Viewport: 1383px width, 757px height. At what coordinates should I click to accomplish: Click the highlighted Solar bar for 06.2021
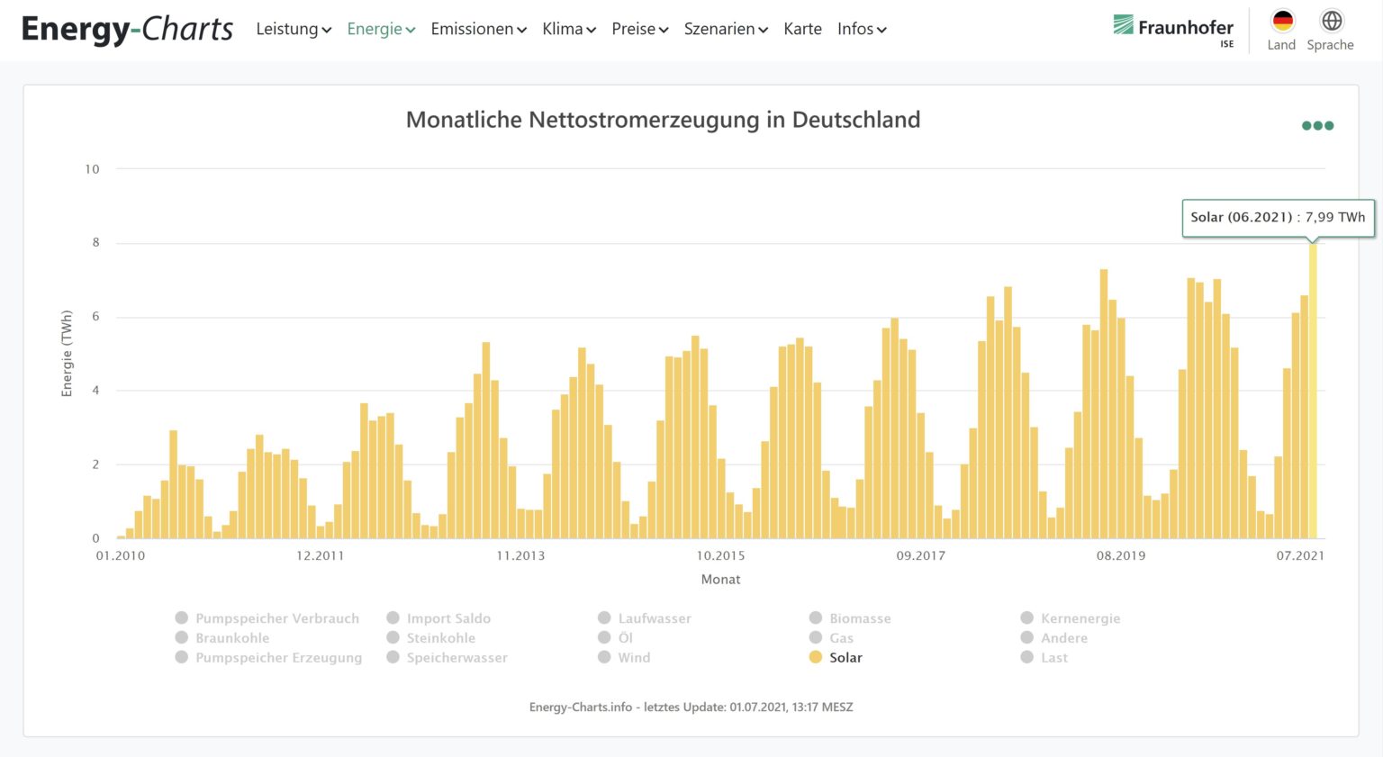pos(1313,392)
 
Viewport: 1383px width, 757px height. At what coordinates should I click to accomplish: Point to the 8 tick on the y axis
pos(95,243)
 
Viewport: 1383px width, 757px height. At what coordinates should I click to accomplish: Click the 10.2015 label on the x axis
pos(720,555)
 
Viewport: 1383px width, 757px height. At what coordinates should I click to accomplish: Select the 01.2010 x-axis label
pos(121,555)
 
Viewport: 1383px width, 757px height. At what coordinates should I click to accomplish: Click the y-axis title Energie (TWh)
pos(67,354)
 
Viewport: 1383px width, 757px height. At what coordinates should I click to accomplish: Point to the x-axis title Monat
pos(720,580)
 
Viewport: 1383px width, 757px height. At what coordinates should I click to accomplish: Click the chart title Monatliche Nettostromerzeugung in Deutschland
pos(663,120)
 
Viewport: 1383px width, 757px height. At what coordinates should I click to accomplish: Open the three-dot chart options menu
pos(1317,126)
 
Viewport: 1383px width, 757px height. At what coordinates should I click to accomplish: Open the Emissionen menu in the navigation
pos(478,29)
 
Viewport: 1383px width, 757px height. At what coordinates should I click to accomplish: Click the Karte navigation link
pos(802,29)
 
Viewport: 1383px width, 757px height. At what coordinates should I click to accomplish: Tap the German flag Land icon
pos(1282,22)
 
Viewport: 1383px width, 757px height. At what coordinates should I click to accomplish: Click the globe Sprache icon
pos(1331,22)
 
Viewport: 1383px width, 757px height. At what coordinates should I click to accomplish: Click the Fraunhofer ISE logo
pos(1173,29)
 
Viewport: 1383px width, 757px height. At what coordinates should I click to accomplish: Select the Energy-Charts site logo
pos(127,29)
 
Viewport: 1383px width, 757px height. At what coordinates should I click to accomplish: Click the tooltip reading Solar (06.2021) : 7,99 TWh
pos(1278,218)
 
